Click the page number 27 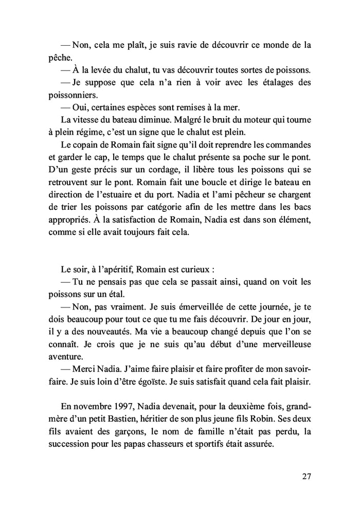307,476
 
